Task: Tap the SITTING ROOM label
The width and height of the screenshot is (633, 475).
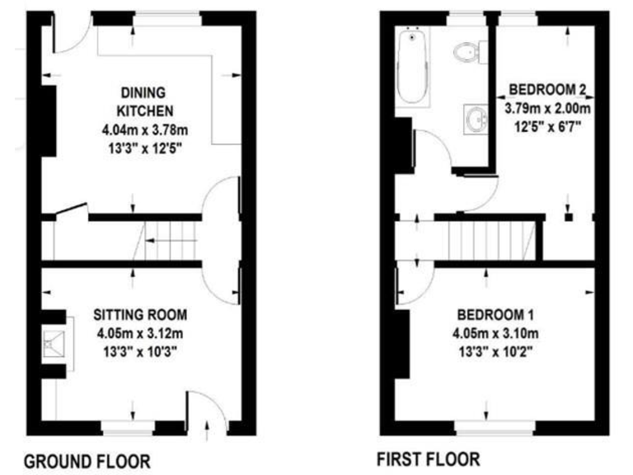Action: point(139,315)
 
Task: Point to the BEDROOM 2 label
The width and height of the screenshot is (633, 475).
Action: point(547,88)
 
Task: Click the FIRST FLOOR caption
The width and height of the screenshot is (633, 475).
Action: point(428,458)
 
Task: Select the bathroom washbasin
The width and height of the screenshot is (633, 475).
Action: point(476,120)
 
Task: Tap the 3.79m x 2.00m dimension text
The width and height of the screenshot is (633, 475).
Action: point(547,108)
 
